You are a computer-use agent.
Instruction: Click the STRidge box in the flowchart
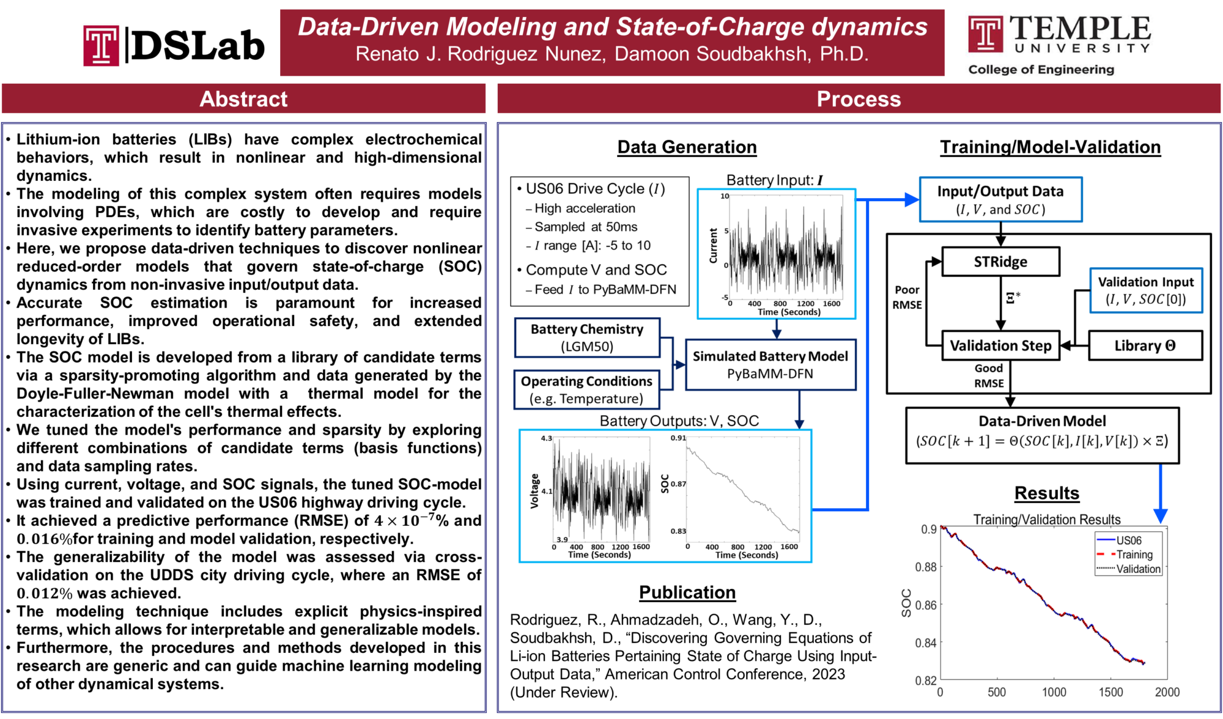[1000, 262]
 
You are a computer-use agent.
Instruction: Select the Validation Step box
[1000, 345]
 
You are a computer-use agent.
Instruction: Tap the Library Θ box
[1145, 345]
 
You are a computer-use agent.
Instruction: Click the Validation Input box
[1145, 290]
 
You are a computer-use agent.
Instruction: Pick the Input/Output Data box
[1000, 200]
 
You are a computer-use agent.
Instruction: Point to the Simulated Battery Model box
[770, 364]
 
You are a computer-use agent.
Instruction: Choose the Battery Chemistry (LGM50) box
[587, 337]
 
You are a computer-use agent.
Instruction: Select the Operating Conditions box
[586, 389]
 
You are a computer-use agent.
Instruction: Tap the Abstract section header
[243, 99]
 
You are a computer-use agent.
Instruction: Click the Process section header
[859, 99]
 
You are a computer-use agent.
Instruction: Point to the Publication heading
[687, 592]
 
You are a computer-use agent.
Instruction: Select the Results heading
[1047, 493]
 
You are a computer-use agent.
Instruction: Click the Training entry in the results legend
[1134, 555]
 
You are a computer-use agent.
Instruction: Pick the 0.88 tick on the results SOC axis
[926, 567]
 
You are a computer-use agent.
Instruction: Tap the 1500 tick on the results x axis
[1110, 692]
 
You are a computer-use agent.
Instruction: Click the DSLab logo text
[198, 46]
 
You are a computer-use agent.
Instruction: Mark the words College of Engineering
[1041, 70]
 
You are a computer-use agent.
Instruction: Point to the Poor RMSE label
[907, 297]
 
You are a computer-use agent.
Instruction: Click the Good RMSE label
[989, 375]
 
